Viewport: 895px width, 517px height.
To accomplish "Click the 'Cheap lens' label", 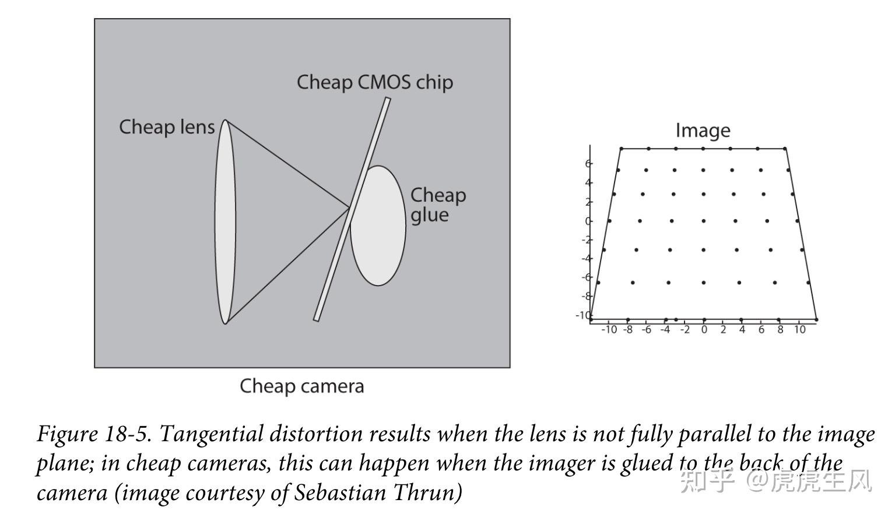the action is [167, 127].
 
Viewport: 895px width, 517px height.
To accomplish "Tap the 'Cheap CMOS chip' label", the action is [374, 82].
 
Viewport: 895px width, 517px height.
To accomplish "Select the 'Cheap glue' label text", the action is [437, 205].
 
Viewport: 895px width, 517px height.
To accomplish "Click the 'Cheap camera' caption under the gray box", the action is [301, 386].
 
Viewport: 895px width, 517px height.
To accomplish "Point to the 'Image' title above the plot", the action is [703, 131].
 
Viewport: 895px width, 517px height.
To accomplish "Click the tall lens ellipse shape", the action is [225, 221].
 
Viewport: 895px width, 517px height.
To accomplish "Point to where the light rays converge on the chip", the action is [350, 207].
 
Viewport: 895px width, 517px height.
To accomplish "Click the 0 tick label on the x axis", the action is [704, 330].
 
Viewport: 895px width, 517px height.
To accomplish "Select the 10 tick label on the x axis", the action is [799, 330].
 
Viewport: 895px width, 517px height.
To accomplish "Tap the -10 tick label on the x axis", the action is [609, 330].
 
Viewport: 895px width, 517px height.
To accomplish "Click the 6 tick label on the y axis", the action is [588, 164].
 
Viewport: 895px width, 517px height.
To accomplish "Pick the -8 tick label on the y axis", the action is [587, 296].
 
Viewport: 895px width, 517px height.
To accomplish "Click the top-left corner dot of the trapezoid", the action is [621, 149].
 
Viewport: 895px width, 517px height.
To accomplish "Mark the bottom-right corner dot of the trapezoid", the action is [816, 319].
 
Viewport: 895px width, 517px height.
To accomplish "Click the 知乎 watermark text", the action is [706, 481].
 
